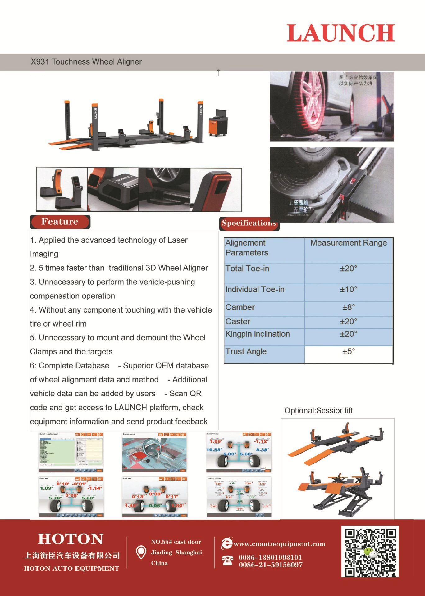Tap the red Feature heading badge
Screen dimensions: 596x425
coord(60,222)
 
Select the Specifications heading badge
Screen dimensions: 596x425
coord(249,223)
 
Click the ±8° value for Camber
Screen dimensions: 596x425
coord(349,307)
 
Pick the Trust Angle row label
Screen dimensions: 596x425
coord(246,351)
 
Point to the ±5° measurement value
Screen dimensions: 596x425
coord(349,351)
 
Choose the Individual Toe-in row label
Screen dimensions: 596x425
coord(255,290)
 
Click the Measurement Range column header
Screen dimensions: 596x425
coord(349,243)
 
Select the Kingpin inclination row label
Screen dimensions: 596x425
coord(258,334)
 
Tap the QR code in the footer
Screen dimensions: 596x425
coord(370,552)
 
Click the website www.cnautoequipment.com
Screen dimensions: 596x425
coord(279,544)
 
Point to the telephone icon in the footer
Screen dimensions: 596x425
coord(227,560)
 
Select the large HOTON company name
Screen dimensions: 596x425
coord(71,539)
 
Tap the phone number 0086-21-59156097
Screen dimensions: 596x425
coord(271,565)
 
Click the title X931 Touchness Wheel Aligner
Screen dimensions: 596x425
coord(86,62)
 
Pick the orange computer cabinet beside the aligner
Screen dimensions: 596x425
coord(217,124)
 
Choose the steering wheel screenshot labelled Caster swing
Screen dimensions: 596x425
coord(154,453)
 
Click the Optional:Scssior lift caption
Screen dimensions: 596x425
coord(318,410)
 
